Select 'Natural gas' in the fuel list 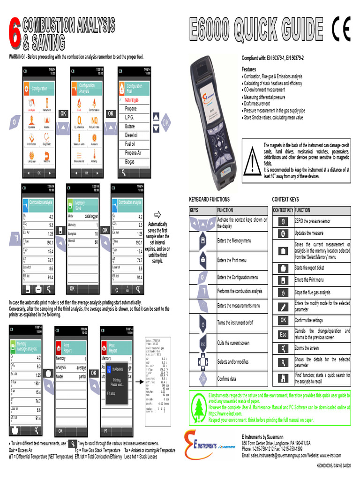(x=133, y=100)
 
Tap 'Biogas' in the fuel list (x=130, y=162)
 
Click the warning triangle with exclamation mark (x=252, y=161)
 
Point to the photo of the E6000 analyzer (x=211, y=122)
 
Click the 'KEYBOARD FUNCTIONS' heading (x=209, y=199)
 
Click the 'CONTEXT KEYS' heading (x=285, y=199)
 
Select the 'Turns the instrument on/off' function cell (x=242, y=322)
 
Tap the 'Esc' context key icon (x=283, y=335)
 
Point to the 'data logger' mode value (x=91, y=217)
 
